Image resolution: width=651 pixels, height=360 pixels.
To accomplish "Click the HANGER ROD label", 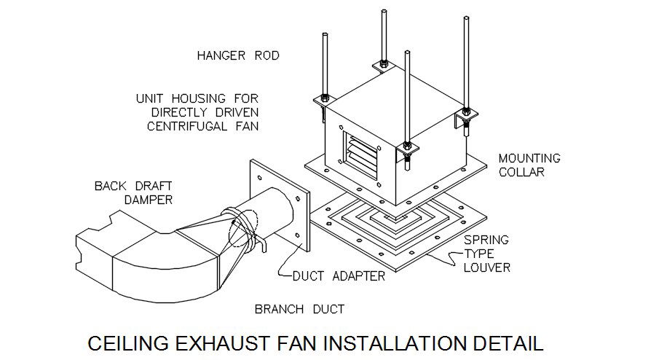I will coord(238,55).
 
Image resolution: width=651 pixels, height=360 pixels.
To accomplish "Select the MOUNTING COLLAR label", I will coord(529,165).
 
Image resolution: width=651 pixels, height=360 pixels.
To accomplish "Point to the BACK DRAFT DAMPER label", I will coord(133,192).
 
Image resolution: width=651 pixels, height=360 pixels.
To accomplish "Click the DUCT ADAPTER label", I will coord(338,276).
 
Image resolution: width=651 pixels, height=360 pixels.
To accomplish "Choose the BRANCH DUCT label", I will coord(299,309).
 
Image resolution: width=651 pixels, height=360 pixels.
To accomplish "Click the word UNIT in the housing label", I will coord(151,98).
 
